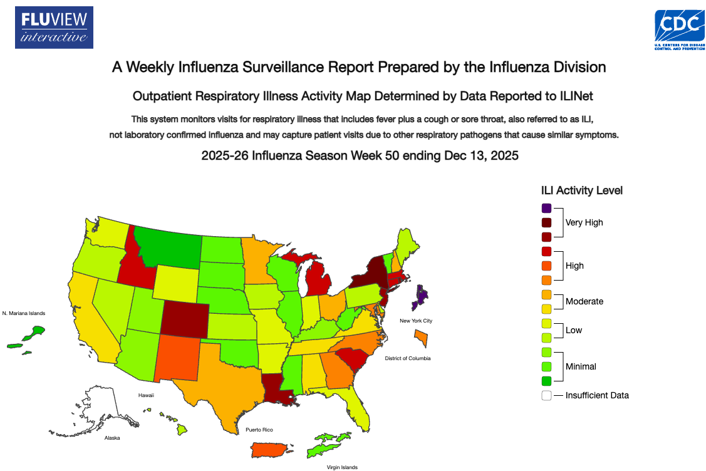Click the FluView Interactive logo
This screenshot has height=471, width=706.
pos(55,28)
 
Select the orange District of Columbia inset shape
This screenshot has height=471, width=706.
pos(421,339)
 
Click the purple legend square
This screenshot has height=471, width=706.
pos(547,208)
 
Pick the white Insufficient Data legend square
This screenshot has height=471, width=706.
pos(547,395)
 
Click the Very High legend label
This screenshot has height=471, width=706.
pos(584,222)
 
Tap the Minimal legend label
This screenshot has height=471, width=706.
pos(581,366)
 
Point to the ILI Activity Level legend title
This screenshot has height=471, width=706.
pos(582,190)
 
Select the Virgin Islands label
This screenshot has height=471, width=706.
pos(342,467)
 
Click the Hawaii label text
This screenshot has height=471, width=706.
pos(146,395)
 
